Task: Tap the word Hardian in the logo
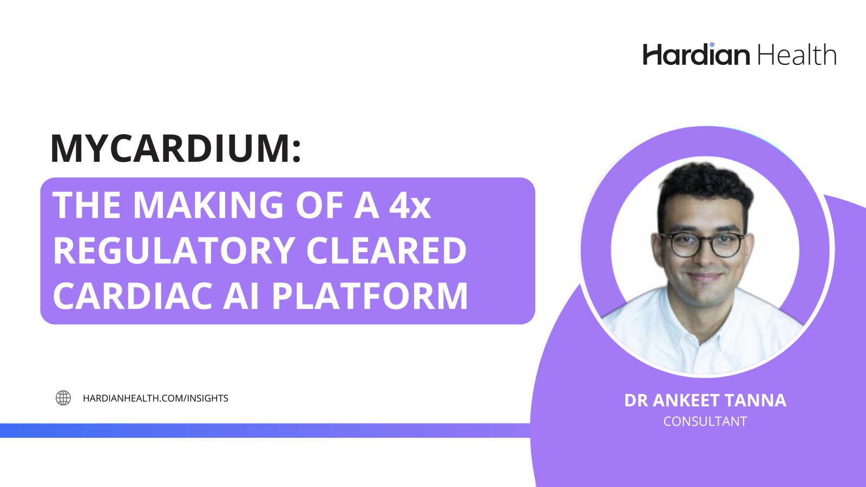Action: [x=696, y=55]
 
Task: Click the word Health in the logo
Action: [x=797, y=55]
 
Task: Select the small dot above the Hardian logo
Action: [x=712, y=45]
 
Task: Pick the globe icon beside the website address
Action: [x=63, y=398]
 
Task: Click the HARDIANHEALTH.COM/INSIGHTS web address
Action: [x=155, y=398]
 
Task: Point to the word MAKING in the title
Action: [x=209, y=205]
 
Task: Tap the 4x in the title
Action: [x=410, y=205]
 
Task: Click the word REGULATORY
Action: [x=174, y=251]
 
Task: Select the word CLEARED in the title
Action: [x=386, y=251]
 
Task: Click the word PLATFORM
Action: [x=370, y=296]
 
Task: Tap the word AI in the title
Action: [x=240, y=296]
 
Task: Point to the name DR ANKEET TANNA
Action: [x=705, y=400]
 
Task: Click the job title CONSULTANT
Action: [x=705, y=422]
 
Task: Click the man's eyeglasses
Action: [x=701, y=245]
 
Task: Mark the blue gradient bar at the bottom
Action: [x=265, y=431]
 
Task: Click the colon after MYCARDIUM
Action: [x=297, y=152]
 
